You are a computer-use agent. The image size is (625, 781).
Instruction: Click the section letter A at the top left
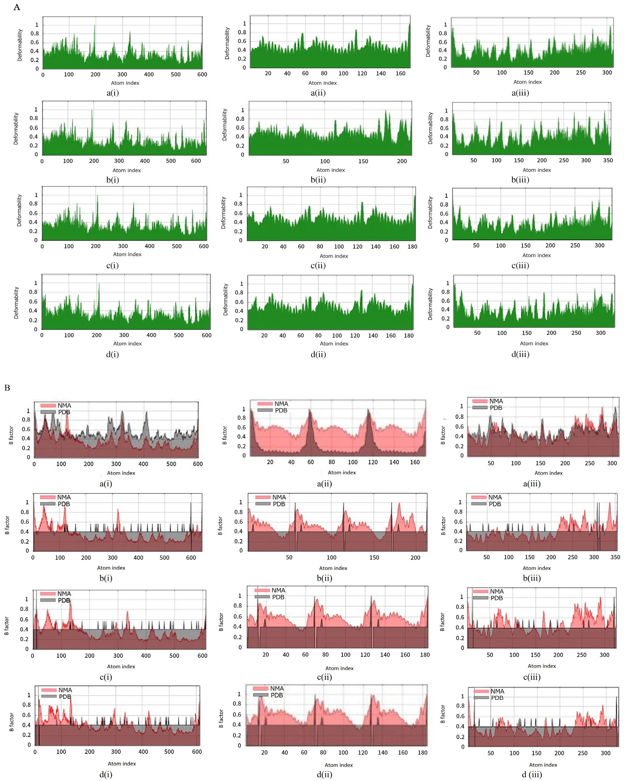pos(17,7)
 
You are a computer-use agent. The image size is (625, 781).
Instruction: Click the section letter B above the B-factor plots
pos(7,388)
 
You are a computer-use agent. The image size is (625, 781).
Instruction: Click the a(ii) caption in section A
pos(318,93)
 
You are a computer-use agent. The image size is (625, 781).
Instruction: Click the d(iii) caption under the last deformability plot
pos(520,354)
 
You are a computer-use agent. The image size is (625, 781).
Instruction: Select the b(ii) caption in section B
pos(324,578)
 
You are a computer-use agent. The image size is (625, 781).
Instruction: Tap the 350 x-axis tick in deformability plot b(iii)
pos(608,161)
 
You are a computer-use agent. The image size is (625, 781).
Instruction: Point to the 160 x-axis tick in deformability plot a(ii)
pos(400,74)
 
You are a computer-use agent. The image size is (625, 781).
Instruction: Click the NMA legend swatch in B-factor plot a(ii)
pos(265,403)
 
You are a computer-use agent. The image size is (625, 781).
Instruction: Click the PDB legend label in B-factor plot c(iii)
pos(496,598)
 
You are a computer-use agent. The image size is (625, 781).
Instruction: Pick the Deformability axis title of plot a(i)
pos(20,45)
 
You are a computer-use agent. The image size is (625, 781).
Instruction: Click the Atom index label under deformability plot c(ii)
pos(334,256)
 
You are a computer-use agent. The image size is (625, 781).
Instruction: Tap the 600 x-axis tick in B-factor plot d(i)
pos(197,752)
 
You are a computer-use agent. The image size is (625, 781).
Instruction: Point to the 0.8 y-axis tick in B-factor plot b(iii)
pos(458,512)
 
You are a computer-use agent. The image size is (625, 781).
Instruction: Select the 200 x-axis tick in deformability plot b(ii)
pos(402,161)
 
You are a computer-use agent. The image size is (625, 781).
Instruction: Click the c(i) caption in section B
pos(106,677)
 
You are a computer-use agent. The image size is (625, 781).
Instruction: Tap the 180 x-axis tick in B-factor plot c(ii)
pos(425,655)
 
